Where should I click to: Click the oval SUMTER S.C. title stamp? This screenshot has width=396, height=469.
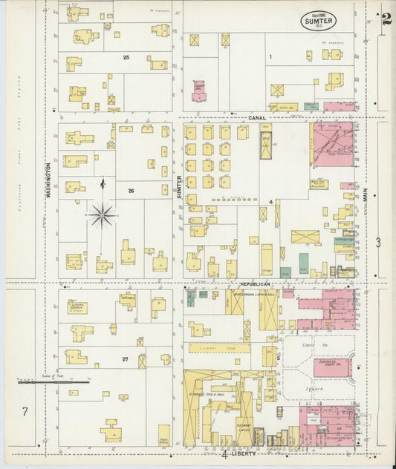(x=319, y=21)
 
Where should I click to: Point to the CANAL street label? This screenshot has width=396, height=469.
(x=257, y=117)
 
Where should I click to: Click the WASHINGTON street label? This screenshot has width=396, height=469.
(x=48, y=179)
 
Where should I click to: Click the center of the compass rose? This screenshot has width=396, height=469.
(x=102, y=215)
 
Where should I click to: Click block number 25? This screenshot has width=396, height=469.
(x=126, y=57)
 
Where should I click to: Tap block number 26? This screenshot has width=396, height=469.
(x=131, y=191)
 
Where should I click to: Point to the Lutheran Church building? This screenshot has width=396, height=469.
(x=77, y=307)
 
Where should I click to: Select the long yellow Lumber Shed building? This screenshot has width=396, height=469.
(x=220, y=347)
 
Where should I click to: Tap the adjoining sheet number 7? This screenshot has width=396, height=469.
(x=25, y=411)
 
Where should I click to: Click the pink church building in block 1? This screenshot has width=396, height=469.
(x=198, y=91)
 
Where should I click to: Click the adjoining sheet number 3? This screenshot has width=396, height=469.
(x=378, y=242)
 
